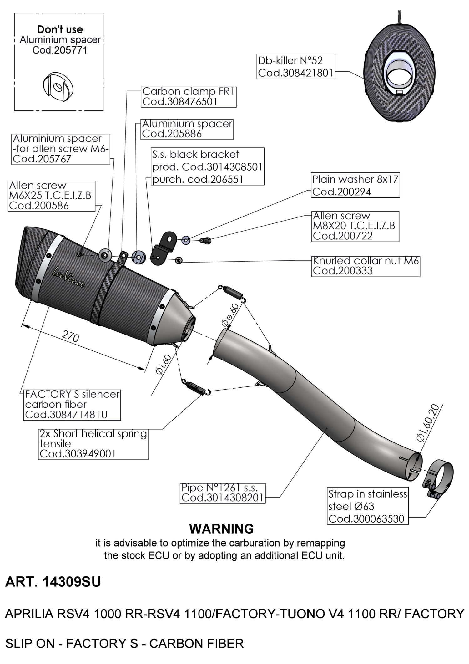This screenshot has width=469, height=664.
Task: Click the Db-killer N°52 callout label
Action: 295,66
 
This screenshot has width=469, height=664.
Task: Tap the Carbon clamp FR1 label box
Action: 189,97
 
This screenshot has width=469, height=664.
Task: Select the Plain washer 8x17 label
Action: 356,185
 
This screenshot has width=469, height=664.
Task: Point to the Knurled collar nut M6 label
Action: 366,266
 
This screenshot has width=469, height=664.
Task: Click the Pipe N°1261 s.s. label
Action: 223,493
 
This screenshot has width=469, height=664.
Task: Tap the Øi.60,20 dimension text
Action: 428,423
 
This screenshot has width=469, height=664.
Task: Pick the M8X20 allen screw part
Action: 206,240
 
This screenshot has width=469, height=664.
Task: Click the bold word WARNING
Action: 221,529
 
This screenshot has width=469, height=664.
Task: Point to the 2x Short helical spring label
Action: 93,443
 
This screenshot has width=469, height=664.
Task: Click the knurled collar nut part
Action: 179,260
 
